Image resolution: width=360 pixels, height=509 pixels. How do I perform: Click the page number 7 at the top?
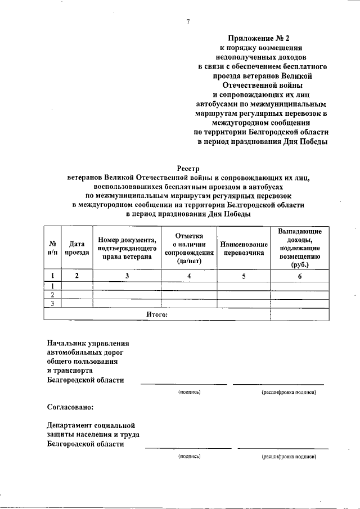[188, 22]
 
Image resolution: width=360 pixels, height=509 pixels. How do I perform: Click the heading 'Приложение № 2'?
[260, 39]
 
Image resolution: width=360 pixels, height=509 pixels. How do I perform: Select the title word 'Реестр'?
[188, 168]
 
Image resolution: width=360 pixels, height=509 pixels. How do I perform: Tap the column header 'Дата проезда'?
[76, 248]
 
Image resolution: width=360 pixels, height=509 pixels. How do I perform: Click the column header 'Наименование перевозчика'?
[243, 248]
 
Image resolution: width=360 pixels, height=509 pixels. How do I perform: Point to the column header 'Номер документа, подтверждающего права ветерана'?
[127, 248]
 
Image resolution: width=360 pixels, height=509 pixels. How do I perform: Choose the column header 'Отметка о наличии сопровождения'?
[188, 248]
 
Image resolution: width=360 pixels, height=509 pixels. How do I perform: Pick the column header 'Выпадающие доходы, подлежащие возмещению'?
[300, 248]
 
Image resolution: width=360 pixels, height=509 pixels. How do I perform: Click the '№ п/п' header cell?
[52, 248]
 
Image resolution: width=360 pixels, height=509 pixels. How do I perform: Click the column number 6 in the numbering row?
[300, 276]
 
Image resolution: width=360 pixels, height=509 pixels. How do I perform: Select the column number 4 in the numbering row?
[188, 276]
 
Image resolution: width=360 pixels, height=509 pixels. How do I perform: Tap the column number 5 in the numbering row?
[243, 276]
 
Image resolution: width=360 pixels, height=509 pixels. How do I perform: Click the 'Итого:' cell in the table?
[157, 314]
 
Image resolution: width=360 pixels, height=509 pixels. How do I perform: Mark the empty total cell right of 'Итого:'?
[300, 314]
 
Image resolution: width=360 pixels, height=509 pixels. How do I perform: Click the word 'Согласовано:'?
[70, 406]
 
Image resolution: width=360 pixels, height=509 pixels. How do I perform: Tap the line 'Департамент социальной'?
[91, 425]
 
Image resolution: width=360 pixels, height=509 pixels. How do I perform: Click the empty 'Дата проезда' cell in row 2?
[76, 294]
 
